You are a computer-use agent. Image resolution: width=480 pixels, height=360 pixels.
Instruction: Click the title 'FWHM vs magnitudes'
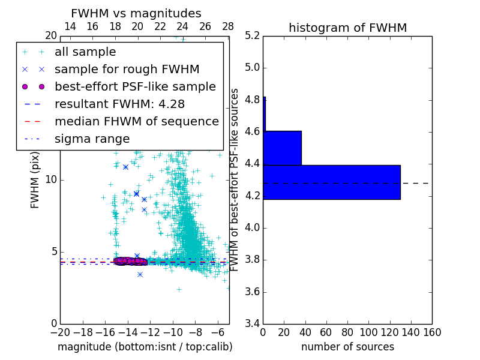(x=136, y=14)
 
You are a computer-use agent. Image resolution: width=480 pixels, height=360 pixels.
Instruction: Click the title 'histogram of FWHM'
(x=347, y=28)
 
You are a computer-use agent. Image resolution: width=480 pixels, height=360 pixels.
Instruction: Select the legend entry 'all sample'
(x=85, y=52)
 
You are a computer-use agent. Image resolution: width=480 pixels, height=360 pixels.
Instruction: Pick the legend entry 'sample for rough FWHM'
(x=127, y=69)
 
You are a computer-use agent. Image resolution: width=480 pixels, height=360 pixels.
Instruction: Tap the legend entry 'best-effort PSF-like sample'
(x=135, y=86)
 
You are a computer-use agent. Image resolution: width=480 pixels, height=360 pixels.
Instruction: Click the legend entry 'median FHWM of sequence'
(x=136, y=121)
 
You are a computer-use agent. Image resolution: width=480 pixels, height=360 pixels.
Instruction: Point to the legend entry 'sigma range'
(x=92, y=139)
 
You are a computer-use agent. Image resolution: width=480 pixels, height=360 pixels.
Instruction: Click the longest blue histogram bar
(x=331, y=182)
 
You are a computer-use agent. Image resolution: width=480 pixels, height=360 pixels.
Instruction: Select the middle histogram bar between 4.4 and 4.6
(x=282, y=148)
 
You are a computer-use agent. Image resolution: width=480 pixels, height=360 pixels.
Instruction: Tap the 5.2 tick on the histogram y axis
(x=252, y=35)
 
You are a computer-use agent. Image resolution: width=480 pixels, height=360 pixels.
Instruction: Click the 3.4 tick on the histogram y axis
(x=252, y=324)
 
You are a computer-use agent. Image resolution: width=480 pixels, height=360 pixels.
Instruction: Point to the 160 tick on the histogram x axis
(x=432, y=332)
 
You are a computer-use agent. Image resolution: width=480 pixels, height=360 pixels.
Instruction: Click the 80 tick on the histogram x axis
(x=347, y=332)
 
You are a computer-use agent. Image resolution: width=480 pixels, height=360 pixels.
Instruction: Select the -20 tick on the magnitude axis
(x=60, y=332)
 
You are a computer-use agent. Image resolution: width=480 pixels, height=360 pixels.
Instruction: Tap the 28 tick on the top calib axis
(x=228, y=27)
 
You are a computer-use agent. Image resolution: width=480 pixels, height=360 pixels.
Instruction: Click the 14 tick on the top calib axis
(x=70, y=27)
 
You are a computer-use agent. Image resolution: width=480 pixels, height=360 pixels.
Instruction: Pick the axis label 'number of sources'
(x=347, y=347)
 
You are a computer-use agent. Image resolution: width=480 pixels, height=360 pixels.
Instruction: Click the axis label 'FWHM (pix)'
(x=35, y=180)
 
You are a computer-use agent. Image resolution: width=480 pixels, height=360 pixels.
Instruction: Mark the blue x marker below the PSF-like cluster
(x=140, y=274)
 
